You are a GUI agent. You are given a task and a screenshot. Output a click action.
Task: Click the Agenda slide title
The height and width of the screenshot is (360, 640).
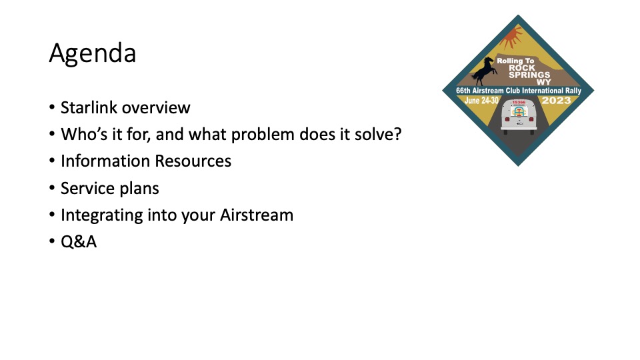[93, 54]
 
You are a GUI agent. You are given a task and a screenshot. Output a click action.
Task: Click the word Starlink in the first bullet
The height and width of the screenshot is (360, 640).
[89, 108]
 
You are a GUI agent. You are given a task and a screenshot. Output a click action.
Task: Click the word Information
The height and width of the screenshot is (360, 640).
[105, 161]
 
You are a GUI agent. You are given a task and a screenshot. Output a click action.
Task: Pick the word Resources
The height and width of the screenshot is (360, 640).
[193, 161]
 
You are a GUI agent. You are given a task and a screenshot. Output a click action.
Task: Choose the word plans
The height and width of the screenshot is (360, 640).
[139, 189]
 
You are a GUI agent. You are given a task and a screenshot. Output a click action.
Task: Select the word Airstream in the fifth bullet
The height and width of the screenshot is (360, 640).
[257, 215]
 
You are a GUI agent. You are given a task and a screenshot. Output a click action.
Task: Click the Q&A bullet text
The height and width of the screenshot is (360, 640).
[79, 242]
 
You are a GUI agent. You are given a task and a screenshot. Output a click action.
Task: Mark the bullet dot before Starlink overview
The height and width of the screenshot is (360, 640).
[52, 108]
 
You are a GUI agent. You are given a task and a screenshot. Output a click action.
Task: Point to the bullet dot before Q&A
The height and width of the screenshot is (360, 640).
[52, 241]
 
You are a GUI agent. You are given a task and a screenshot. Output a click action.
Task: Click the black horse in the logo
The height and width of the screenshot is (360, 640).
[485, 71]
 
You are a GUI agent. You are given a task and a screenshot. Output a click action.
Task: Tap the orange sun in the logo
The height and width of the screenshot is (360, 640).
[511, 37]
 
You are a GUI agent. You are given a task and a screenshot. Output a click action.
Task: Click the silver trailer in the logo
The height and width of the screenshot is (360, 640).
[519, 116]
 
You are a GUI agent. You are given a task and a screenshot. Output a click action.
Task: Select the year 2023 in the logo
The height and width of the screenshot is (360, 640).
[556, 101]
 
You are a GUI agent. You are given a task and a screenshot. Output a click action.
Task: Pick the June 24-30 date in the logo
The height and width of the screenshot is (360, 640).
[481, 101]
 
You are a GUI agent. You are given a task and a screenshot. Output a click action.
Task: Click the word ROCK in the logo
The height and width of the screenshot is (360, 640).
[522, 68]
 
